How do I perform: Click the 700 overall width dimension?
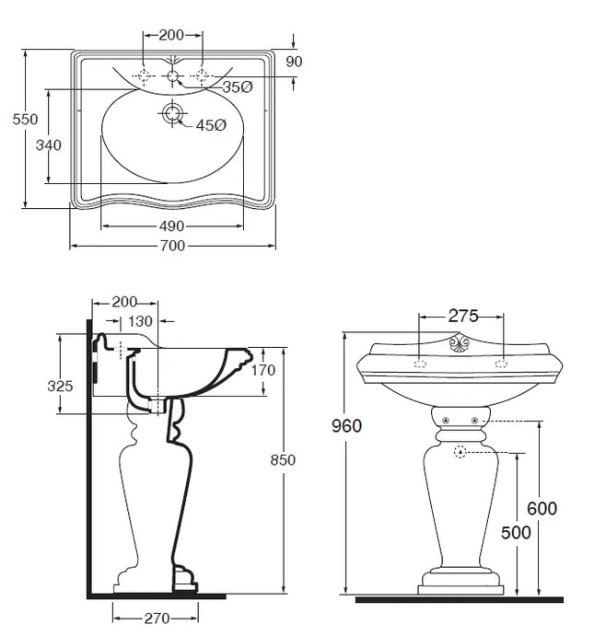pyautogui.click(x=172, y=246)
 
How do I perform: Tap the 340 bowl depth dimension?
pyautogui.click(x=49, y=145)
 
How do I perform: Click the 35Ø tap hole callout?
pyautogui.click(x=238, y=87)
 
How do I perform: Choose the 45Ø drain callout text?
pyautogui.click(x=210, y=125)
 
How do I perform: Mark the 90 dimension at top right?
pyautogui.click(x=294, y=62)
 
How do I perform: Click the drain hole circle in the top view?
pyautogui.click(x=172, y=114)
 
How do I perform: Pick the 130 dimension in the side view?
pyautogui.click(x=141, y=321)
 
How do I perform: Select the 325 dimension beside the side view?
pyautogui.click(x=60, y=386)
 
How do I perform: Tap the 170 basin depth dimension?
pyautogui.click(x=263, y=370)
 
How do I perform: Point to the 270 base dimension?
pyautogui.click(x=157, y=618)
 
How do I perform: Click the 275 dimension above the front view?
pyautogui.click(x=462, y=316)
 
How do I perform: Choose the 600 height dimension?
pyautogui.click(x=542, y=508)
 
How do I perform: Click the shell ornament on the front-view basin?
pyautogui.click(x=460, y=346)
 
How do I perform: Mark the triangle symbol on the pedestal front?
pyautogui.click(x=460, y=453)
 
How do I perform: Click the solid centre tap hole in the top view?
pyautogui.click(x=172, y=76)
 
